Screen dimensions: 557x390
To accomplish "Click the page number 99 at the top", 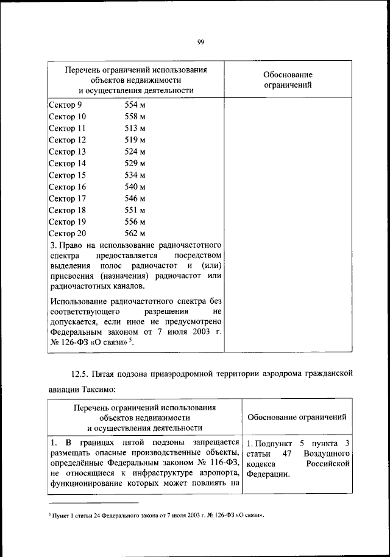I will point(200,41).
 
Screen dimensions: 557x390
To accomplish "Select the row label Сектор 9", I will point(65,105).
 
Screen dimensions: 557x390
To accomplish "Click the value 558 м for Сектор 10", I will point(134,116).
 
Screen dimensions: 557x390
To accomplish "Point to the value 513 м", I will point(134,128).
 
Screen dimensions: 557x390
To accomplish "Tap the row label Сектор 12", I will point(67,140).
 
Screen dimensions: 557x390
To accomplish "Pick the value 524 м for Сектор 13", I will point(134,152).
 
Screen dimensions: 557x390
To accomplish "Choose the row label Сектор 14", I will point(67,163).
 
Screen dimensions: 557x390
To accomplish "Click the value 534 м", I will point(134,175).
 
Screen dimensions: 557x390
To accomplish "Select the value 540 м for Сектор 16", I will point(134,187).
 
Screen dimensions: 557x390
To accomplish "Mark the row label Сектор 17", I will point(67,198).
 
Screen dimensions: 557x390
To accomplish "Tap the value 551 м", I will point(134,210).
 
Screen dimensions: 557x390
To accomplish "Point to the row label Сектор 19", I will point(67,222).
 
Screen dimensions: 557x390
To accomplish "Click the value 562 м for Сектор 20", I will point(134,233).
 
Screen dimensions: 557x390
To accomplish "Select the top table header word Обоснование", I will point(288,74).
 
